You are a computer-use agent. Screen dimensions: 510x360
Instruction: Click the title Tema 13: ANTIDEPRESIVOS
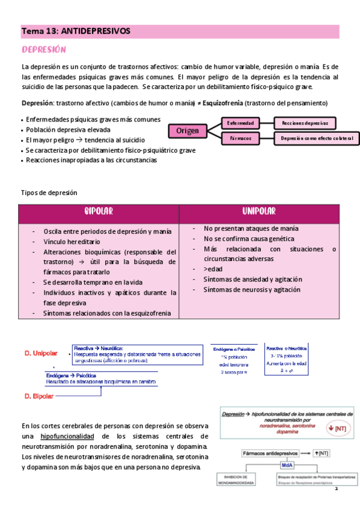tap(76, 31)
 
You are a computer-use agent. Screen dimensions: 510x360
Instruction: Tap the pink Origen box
tap(188, 131)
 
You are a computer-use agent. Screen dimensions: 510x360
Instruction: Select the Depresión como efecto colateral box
tap(316, 139)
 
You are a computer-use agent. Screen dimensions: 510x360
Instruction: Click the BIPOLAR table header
tap(99, 212)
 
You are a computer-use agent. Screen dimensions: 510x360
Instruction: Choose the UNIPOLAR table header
tap(259, 212)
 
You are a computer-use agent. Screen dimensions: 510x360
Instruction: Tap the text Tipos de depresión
tap(49, 192)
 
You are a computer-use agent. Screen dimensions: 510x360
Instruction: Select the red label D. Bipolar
tap(39, 396)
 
